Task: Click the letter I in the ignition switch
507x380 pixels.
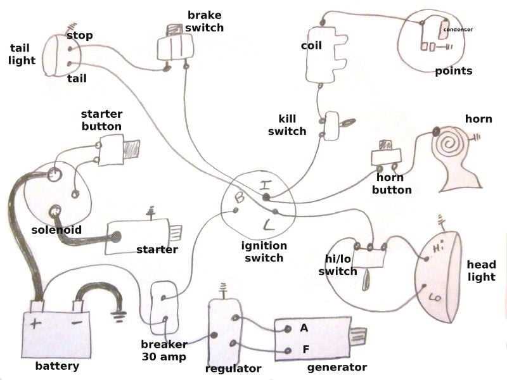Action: tap(266, 186)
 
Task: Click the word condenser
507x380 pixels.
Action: tap(458, 30)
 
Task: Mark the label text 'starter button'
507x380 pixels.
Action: tap(101, 120)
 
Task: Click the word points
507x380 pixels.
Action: tap(453, 71)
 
